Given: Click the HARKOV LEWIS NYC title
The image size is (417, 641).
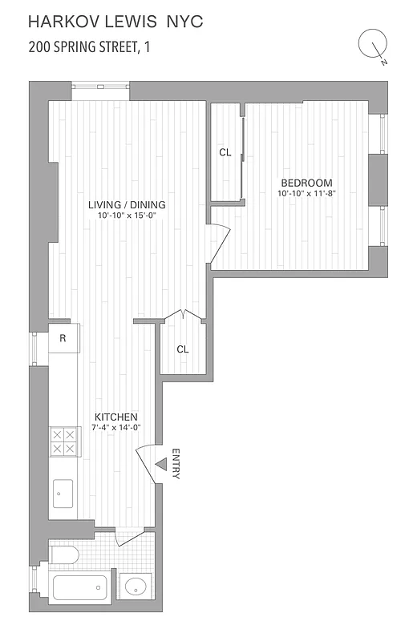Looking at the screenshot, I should pos(115,22).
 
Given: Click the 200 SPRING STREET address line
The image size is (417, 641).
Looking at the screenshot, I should pos(89,47).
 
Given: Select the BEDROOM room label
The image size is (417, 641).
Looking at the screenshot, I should pos(305,183).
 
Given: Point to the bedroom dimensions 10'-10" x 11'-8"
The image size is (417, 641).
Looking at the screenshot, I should pos(305,194).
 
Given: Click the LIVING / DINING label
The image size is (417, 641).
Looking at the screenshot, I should pos(120,204).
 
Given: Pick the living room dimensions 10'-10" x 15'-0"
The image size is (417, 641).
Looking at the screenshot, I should pos(120,216).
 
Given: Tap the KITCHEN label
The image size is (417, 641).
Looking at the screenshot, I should pos(116,417).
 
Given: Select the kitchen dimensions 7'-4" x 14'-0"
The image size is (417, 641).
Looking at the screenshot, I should pos(117,428).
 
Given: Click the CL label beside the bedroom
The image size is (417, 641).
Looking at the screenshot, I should pos(225,152).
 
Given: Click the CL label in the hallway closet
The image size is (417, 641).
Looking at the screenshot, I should pos(182,349).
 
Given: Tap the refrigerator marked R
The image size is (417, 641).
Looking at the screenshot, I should pos(63,339).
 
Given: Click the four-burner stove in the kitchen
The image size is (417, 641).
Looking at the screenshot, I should pos(63,441).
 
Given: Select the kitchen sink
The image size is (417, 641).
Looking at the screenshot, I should pos(63,494).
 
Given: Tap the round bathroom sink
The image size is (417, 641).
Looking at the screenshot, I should pos(138,588).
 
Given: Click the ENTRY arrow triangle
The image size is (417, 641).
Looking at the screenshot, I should pos(160,465).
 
